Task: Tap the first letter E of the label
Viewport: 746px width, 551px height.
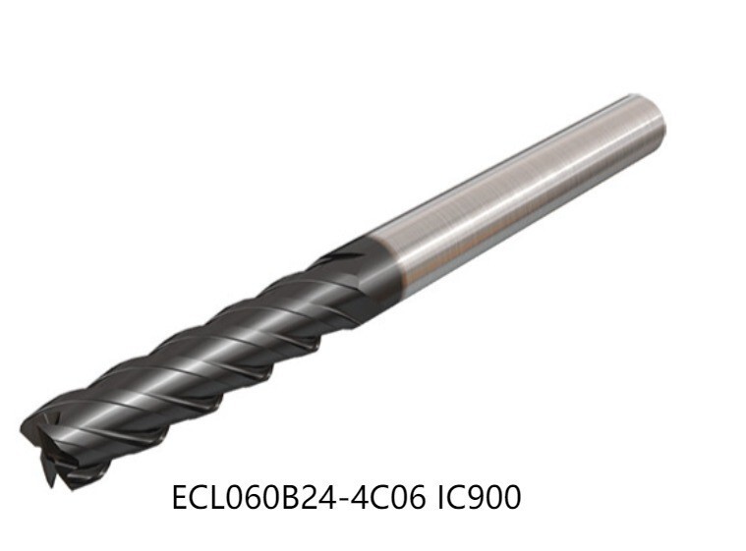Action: (180, 498)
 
